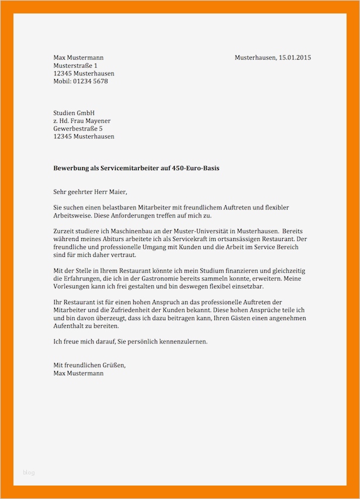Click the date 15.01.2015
[x=295, y=58]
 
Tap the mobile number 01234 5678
[x=90, y=81]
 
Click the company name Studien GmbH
[x=74, y=113]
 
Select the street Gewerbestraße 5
[x=78, y=129]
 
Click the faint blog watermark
[x=29, y=472]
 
